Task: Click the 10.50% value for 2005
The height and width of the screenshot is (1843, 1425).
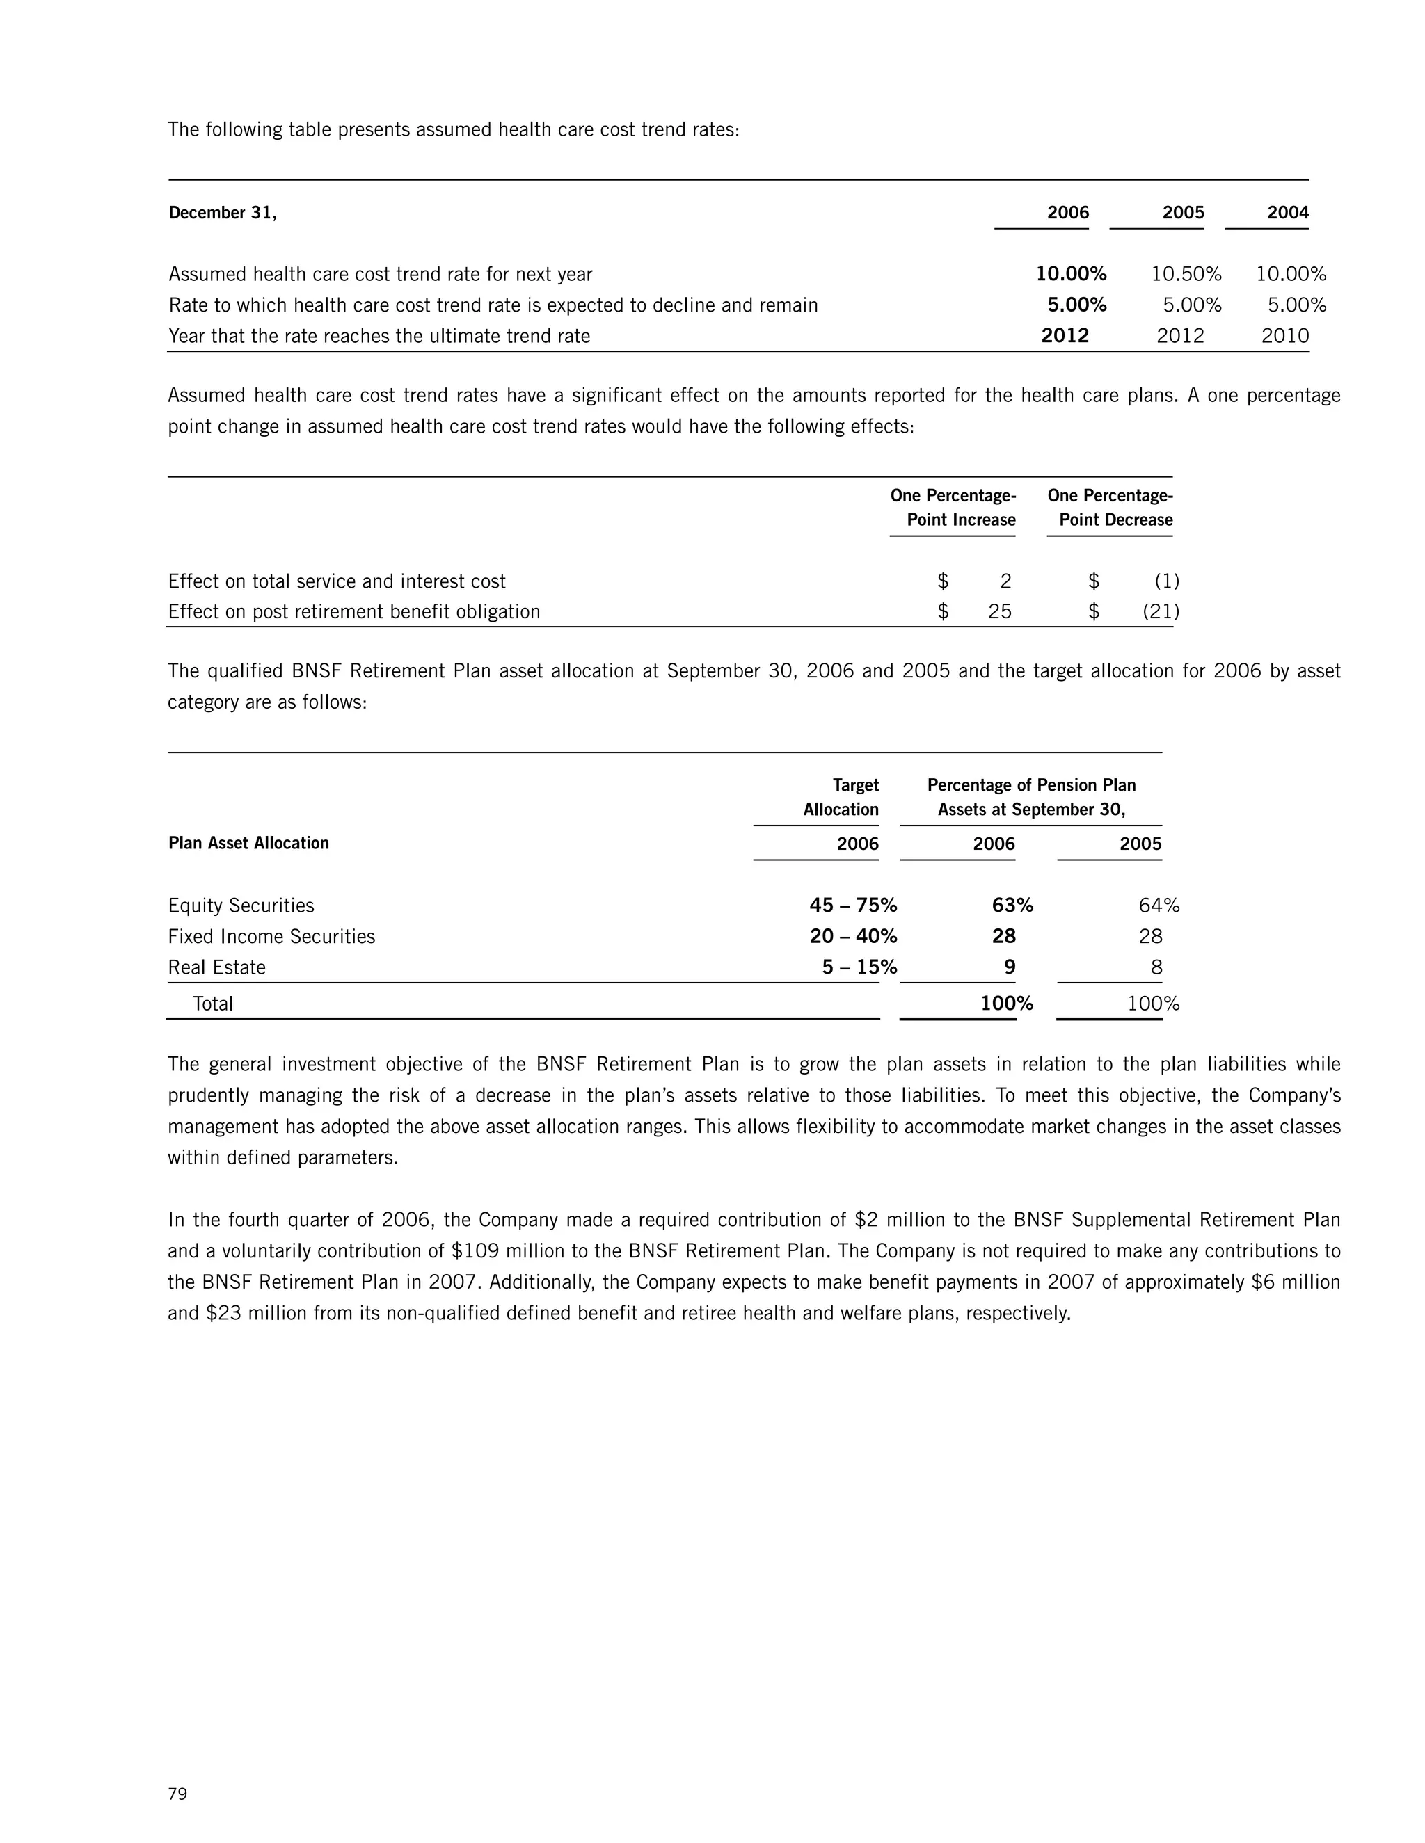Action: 1186,274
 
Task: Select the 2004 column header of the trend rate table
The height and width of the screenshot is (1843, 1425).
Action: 1287,213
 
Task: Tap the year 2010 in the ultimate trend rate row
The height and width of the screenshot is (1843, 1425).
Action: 1285,336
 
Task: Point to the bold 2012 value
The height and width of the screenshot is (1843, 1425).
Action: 1065,336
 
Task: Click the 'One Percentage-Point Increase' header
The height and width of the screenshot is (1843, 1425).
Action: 953,507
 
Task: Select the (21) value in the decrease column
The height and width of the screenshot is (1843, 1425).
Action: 1161,612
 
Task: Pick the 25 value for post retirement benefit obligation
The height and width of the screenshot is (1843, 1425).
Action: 1000,612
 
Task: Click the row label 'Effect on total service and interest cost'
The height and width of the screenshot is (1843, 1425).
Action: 336,581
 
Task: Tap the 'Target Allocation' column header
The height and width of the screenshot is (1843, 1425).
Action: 841,796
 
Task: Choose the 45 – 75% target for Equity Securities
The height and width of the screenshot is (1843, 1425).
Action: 852,906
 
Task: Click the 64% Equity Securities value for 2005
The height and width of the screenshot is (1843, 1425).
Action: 1159,906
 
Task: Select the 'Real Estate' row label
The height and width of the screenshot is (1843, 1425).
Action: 216,967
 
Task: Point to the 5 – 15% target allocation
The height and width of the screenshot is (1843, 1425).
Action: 859,967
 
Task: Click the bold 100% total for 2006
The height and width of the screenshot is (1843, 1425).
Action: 1006,1004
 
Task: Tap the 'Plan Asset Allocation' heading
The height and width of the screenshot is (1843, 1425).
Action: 248,843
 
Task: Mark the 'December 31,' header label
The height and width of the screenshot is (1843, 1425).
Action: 222,213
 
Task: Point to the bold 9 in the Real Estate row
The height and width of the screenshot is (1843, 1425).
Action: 1009,967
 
